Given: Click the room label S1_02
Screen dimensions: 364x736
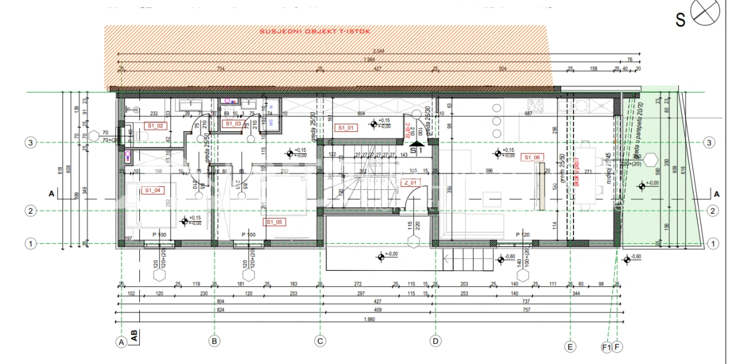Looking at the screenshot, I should point(155,126).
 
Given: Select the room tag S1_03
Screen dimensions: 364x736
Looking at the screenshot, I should point(233,124).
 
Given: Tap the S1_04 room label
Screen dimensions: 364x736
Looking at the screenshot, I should point(153,191).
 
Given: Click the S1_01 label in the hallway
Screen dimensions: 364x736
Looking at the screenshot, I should point(347,129).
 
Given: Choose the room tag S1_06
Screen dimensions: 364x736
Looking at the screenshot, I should point(531,157).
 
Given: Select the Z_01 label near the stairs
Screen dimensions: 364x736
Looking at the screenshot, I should point(410,183).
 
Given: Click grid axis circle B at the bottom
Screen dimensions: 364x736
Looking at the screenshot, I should point(213,341).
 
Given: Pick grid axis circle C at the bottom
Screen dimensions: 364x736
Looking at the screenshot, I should point(320,341).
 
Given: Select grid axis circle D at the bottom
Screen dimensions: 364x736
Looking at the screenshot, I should point(435,341).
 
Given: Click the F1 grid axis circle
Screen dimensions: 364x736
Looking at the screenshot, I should point(607,347).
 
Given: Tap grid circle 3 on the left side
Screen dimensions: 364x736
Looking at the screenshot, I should point(29,143).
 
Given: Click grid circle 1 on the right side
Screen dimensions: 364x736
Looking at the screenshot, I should point(713,243).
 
